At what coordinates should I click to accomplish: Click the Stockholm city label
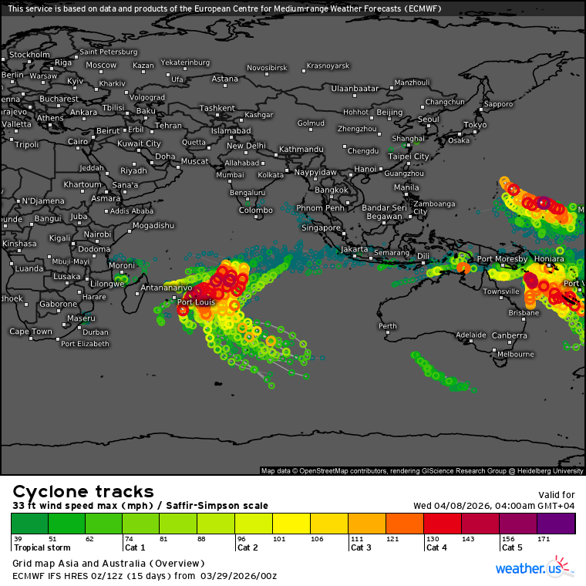click(x=30, y=55)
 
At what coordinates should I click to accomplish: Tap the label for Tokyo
click(x=475, y=124)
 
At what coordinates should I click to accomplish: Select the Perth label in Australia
click(x=387, y=326)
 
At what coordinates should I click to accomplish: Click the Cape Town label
click(x=31, y=332)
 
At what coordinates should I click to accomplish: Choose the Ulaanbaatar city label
click(x=355, y=89)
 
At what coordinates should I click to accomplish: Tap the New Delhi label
click(x=246, y=146)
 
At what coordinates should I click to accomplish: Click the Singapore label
click(x=322, y=227)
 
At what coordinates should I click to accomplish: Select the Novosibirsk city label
click(x=267, y=68)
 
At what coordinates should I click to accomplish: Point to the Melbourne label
click(x=516, y=354)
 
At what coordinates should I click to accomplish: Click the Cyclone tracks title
click(x=83, y=492)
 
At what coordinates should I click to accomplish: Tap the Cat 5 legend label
click(x=514, y=547)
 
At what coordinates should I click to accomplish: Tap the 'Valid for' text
click(x=556, y=495)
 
